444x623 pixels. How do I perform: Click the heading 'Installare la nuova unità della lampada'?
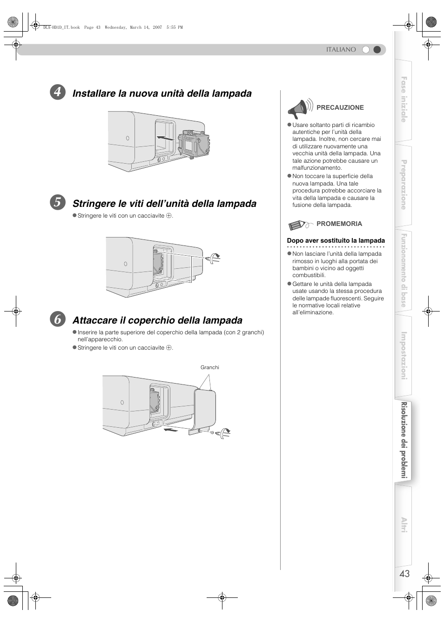[x=162, y=93]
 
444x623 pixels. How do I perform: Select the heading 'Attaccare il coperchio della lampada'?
[x=157, y=320]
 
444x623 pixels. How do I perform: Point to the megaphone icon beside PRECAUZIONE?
[x=299, y=109]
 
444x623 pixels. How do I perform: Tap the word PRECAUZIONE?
[x=340, y=107]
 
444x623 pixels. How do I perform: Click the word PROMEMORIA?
[x=339, y=224]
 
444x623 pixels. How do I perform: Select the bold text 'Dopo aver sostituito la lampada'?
[x=336, y=240]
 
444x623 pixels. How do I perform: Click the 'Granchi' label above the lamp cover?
[x=209, y=367]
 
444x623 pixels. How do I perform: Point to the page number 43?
[x=404, y=574]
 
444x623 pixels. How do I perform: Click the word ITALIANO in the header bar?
[x=341, y=49]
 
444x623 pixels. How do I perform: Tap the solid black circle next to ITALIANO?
[x=377, y=49]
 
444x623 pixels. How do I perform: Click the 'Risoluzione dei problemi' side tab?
[x=404, y=440]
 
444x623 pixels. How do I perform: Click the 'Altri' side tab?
[x=404, y=525]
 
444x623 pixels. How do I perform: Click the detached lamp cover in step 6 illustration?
[x=205, y=409]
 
